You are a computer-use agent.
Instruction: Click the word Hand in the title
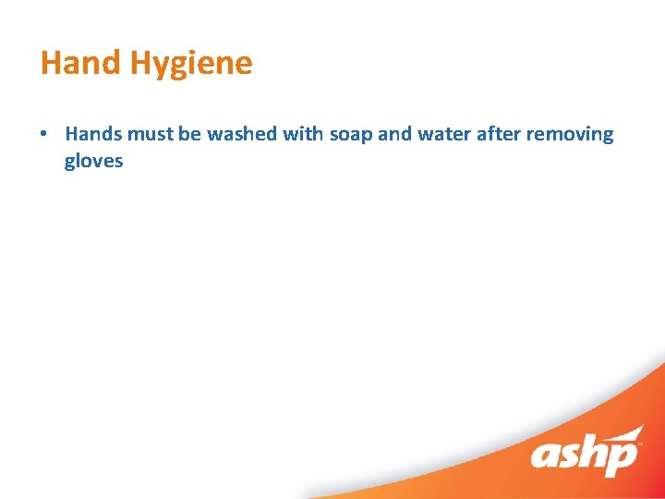81,63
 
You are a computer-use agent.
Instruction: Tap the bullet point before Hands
43,134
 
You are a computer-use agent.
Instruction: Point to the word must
151,134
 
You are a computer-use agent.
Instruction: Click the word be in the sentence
190,134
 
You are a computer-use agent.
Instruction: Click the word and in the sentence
394,134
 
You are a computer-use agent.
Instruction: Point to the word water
444,134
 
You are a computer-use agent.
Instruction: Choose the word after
500,134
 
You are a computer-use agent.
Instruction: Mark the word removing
570,135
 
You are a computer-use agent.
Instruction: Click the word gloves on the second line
93,162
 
